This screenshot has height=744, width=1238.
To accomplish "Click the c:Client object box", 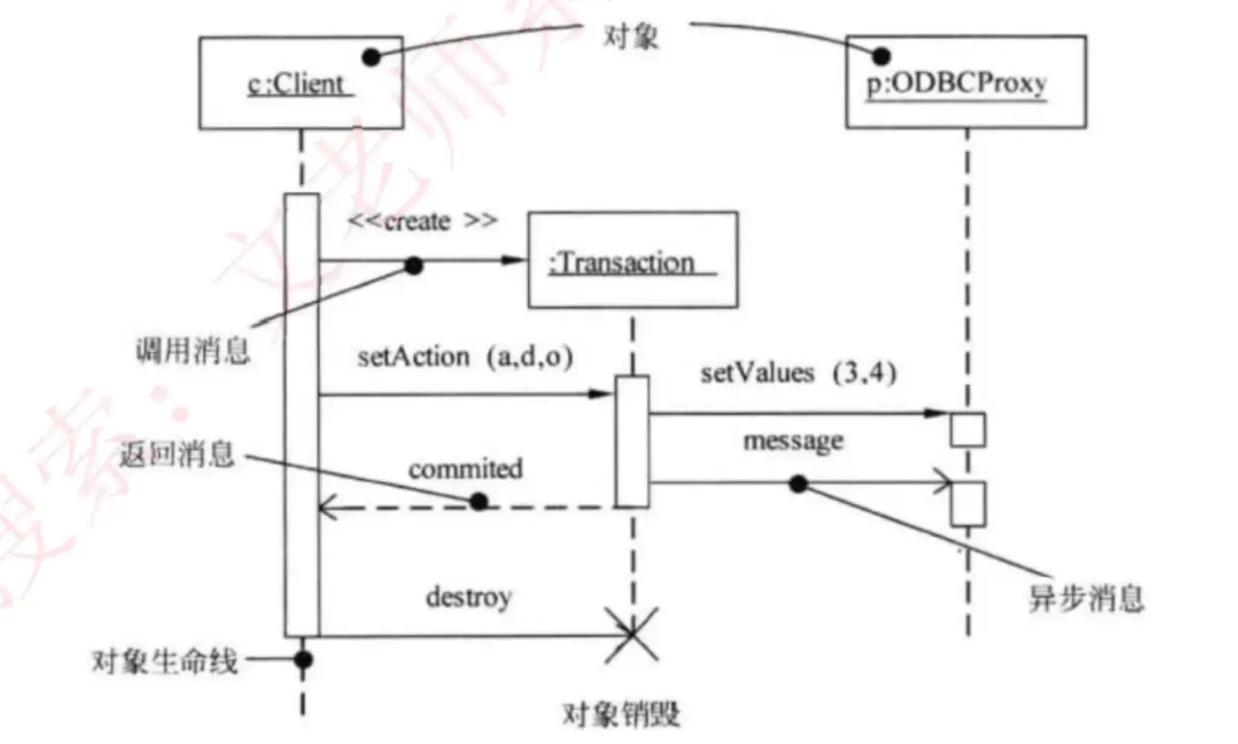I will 300,83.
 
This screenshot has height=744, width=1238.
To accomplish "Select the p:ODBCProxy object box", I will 965,82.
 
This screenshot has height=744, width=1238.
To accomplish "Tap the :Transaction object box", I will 632,260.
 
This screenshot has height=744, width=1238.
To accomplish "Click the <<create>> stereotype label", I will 422,221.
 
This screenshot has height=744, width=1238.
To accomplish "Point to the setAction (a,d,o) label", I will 465,357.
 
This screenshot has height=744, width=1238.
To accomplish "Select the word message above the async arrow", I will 793,441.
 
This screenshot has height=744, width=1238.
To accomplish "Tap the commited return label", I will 465,469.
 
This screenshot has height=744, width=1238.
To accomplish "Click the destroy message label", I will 469,597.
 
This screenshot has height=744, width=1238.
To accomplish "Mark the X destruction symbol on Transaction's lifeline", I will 632,635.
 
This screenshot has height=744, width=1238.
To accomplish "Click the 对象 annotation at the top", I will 630,36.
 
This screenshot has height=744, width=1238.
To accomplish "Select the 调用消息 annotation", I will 192,350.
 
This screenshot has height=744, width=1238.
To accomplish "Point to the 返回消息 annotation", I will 177,454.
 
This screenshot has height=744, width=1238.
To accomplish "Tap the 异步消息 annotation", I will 1085,598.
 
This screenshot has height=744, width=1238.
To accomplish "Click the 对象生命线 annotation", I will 165,661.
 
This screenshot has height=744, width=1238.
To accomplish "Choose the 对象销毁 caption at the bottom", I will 620,713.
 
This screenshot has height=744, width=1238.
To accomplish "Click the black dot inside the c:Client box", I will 370,57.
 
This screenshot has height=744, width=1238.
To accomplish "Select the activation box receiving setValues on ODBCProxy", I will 968,429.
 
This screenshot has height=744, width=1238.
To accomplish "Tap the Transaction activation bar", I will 632,441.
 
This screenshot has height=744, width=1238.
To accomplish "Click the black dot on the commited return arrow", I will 479,502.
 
